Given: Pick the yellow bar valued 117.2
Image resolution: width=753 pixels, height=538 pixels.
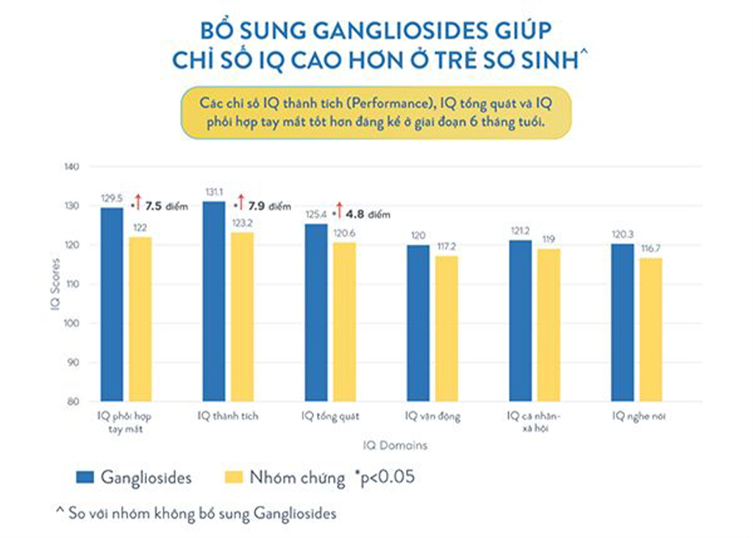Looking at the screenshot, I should click(x=446, y=328).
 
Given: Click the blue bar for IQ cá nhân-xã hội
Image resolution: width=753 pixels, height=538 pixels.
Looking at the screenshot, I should click(x=521, y=320).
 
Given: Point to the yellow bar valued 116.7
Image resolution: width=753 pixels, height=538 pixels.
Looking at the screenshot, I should click(x=650, y=329).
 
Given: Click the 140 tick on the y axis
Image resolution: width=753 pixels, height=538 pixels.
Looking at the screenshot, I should click(x=72, y=167).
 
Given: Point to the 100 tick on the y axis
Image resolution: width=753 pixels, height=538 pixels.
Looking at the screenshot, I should click(x=72, y=323).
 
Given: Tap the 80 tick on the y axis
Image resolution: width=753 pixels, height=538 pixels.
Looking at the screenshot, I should click(x=74, y=402).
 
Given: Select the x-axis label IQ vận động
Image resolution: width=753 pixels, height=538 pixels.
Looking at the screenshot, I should click(x=432, y=417).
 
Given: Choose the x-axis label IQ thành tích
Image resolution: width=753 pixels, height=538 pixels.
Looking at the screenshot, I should click(x=228, y=417).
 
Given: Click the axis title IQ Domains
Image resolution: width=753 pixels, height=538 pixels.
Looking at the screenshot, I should click(x=394, y=445).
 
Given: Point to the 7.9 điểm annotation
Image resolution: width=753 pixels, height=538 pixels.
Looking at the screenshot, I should click(x=269, y=206).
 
